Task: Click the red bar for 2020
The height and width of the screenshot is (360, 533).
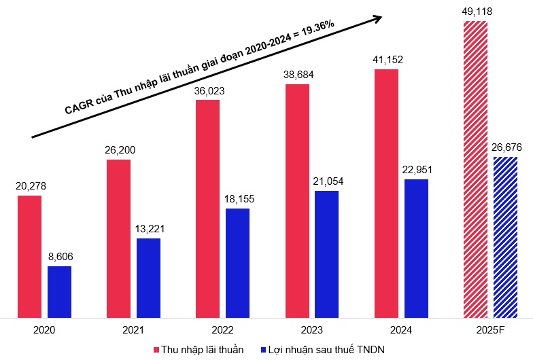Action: tap(29, 256)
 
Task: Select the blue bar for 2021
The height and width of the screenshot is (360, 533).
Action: tap(148, 278)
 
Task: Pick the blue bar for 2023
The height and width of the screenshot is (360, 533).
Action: tap(327, 254)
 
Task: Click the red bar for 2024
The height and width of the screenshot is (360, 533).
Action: tap(386, 193)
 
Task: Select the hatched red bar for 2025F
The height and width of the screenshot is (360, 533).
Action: tap(475, 169)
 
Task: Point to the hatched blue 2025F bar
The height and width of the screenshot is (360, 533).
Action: tap(505, 237)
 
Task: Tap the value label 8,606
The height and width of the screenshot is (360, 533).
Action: tap(59, 257)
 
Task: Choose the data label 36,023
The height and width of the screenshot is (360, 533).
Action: tap(207, 91)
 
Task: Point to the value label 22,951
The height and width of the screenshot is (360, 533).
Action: tap(416, 170)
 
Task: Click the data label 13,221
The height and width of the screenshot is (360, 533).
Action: tap(148, 230)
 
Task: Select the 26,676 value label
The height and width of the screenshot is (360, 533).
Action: tap(505, 147)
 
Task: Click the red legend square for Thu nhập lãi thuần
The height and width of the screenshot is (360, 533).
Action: tap(156, 349)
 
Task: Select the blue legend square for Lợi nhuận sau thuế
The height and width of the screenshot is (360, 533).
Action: tap(264, 349)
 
